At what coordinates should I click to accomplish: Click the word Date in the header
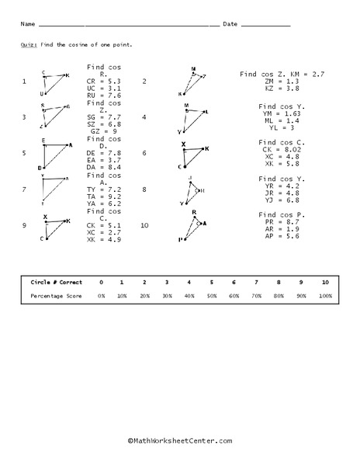click(x=230, y=25)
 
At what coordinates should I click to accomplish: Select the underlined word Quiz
click(x=27, y=45)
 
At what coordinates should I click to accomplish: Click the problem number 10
click(x=145, y=224)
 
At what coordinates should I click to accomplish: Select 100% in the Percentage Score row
click(x=325, y=296)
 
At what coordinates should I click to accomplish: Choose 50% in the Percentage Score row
click(x=212, y=296)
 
